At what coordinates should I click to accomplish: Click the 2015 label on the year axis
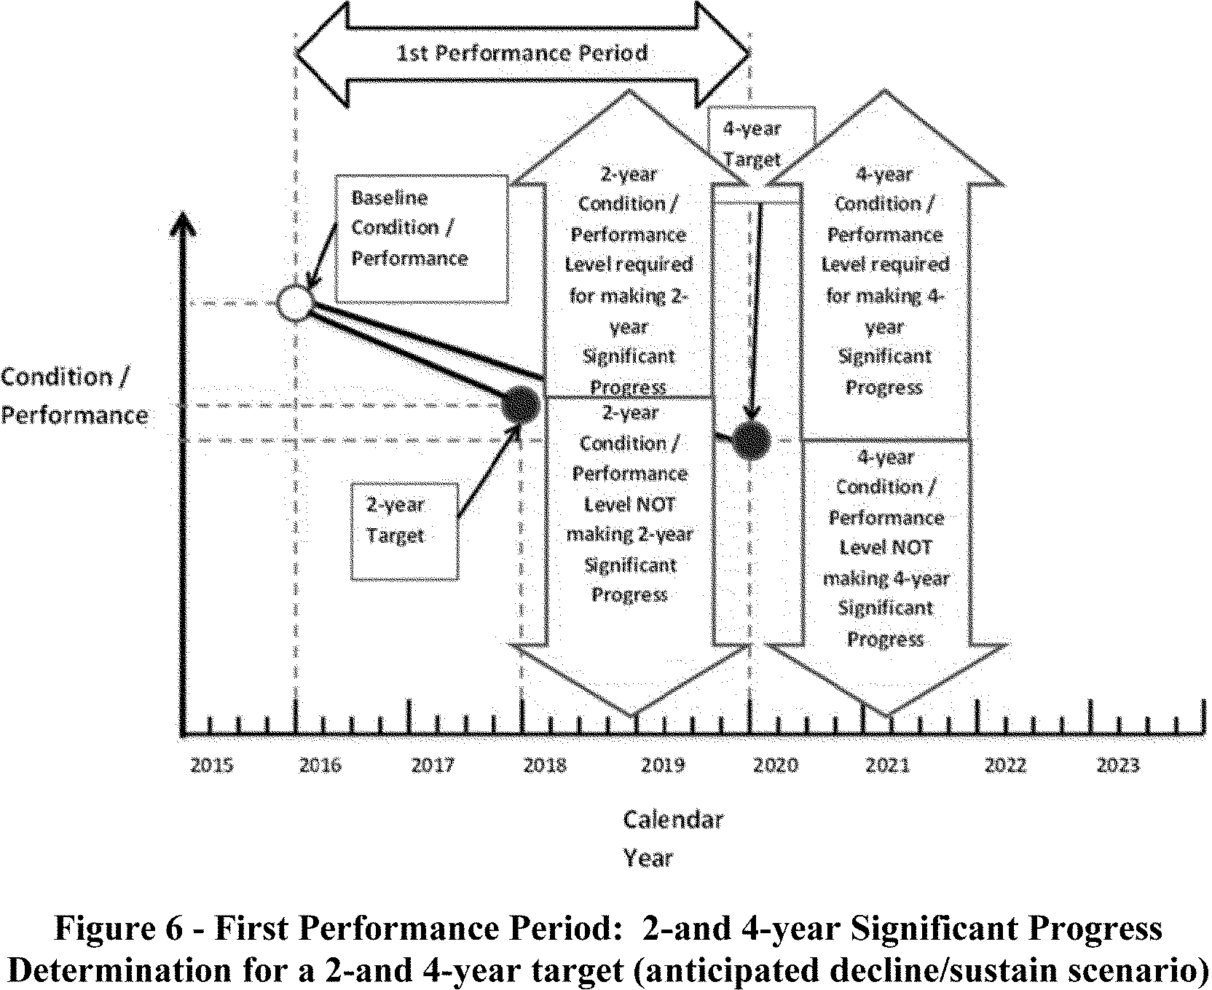click(212, 766)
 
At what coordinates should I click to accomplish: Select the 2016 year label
click(320, 766)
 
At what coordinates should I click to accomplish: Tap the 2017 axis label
click(433, 766)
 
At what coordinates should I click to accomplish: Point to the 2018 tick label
click(545, 766)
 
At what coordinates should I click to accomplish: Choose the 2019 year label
click(664, 766)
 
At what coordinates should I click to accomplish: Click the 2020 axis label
click(776, 766)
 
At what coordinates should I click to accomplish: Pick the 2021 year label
click(888, 766)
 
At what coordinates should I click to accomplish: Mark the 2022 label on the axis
click(1005, 766)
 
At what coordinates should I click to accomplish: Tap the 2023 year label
click(1118, 766)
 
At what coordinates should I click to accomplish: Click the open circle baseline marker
click(295, 302)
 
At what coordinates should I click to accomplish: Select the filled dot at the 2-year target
click(522, 405)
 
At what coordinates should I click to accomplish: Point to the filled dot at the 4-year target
click(752, 440)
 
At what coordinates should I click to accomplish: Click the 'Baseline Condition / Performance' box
click(421, 237)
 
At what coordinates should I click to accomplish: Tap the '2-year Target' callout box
click(404, 530)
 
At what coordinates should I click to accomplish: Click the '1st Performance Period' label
click(522, 53)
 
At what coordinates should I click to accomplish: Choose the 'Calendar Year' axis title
click(672, 838)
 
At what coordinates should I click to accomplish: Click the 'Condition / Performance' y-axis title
click(73, 396)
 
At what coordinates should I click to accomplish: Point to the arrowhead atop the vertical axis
click(186, 222)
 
